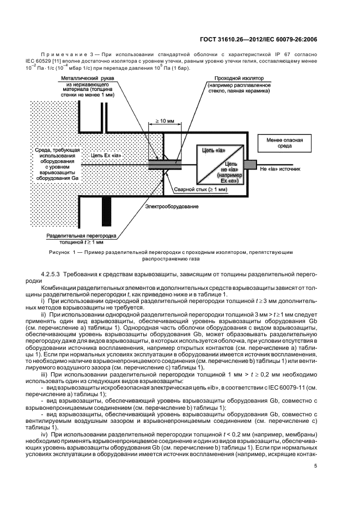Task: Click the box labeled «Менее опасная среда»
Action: point(282,142)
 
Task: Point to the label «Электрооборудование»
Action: point(172,207)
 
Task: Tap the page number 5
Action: point(315,465)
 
